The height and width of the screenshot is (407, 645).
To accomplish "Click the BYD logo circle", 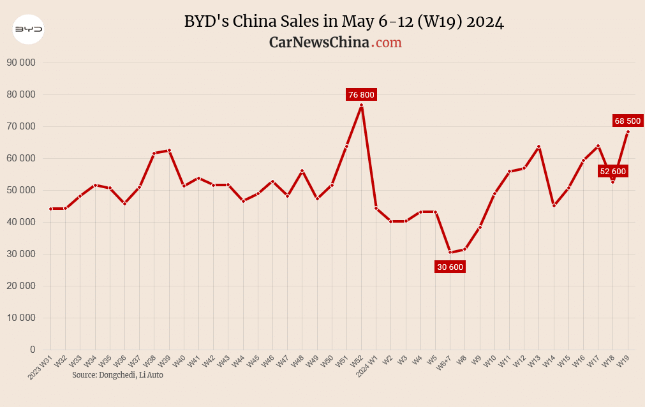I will tap(29, 29).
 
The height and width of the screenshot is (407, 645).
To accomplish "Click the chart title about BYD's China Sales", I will tap(344, 22).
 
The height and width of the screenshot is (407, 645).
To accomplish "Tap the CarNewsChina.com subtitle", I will tap(335, 42).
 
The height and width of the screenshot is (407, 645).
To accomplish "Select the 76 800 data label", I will tap(361, 95).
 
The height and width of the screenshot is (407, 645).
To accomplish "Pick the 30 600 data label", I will tap(450, 267).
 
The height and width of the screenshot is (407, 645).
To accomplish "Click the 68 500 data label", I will tap(628, 121).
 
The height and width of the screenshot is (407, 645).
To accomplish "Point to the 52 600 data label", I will tap(612, 171).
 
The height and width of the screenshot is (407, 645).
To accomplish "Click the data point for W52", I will tap(361, 105).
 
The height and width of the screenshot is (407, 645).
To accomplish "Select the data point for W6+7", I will tap(450, 252).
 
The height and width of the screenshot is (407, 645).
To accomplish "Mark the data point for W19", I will tap(628, 131).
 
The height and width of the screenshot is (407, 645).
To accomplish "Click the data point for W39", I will tap(169, 151).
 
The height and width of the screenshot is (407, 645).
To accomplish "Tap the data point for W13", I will tap(538, 147).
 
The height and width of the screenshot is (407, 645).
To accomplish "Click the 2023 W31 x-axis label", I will tap(40, 368).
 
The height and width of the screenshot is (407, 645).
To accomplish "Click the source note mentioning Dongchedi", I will tap(117, 375).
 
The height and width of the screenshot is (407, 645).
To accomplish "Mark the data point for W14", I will tap(554, 205).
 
